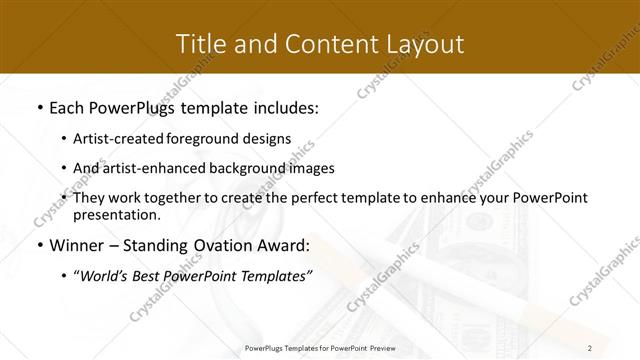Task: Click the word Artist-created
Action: (131, 139)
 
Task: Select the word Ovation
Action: (218, 245)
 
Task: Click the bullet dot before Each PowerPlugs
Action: (38, 106)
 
